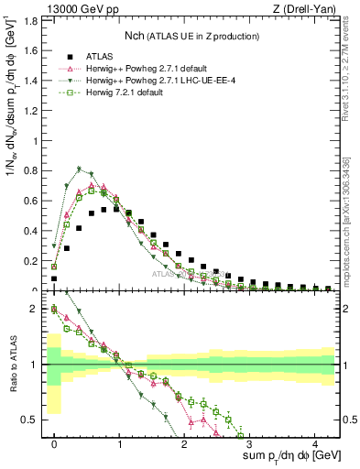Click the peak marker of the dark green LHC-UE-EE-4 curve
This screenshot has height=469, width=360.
coord(80,169)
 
